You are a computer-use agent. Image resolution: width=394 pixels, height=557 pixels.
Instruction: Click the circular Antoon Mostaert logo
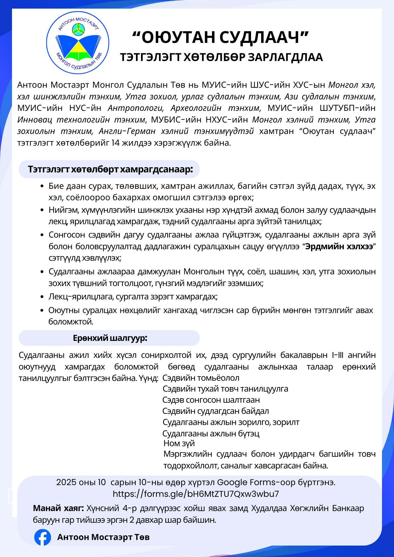tap(77, 43)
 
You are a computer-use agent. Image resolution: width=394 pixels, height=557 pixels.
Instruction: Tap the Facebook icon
tap(43, 537)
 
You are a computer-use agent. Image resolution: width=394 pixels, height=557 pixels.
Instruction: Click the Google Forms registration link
tap(196, 494)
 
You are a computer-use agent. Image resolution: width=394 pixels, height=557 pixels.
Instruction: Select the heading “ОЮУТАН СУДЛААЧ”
tap(220, 37)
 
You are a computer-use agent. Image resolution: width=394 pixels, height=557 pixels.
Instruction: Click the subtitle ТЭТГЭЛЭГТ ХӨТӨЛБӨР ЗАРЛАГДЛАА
tap(221, 57)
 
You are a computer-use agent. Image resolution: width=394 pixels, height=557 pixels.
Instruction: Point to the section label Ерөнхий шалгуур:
tap(110, 338)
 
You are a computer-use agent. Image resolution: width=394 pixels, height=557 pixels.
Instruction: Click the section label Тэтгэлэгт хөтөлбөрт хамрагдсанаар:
tap(110, 169)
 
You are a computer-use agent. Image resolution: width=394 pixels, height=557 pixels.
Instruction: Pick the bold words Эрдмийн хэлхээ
tap(339, 247)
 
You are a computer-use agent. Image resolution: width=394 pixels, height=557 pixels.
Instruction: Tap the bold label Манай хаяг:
tap(58, 508)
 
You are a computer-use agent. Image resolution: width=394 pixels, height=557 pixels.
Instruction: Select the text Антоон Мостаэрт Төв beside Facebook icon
tap(103, 537)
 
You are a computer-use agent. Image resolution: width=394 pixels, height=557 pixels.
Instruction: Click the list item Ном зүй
tap(179, 443)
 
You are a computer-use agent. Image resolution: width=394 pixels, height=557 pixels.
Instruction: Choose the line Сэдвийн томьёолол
tap(201, 378)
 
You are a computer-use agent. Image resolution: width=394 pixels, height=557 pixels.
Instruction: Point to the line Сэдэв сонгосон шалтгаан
tap(211, 400)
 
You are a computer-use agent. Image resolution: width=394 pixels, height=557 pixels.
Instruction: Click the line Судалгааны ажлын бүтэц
tap(211, 433)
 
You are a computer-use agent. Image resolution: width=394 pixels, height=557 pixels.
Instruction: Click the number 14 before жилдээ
tap(115, 143)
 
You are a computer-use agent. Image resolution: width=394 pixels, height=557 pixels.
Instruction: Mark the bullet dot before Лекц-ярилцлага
tap(42, 297)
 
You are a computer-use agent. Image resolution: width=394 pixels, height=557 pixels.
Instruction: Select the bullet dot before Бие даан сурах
tap(42, 186)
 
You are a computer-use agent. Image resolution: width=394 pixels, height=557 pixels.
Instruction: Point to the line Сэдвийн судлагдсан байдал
tap(215, 411)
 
